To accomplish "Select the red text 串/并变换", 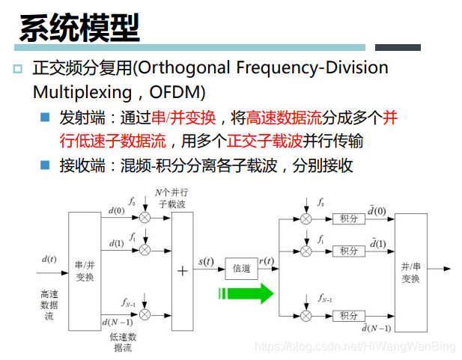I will click(x=183, y=118).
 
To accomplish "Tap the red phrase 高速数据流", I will click(x=284, y=118).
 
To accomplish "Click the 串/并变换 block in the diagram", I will click(x=85, y=271).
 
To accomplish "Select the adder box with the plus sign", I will click(x=182, y=271).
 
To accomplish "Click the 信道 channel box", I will click(x=241, y=268).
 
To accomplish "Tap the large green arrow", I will click(x=246, y=293).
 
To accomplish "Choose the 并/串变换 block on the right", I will click(x=410, y=272).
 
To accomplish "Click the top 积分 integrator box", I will click(x=349, y=219).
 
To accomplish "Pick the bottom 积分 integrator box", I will click(x=349, y=316).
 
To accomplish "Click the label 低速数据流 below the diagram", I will click(x=123, y=342).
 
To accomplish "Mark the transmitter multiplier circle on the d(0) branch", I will click(x=145, y=218).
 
